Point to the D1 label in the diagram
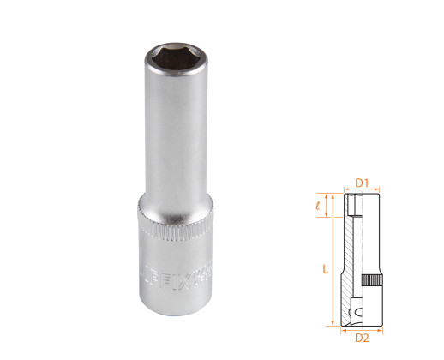[361, 183]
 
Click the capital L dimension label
[325, 268]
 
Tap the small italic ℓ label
[318, 206]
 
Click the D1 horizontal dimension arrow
[361, 190]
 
